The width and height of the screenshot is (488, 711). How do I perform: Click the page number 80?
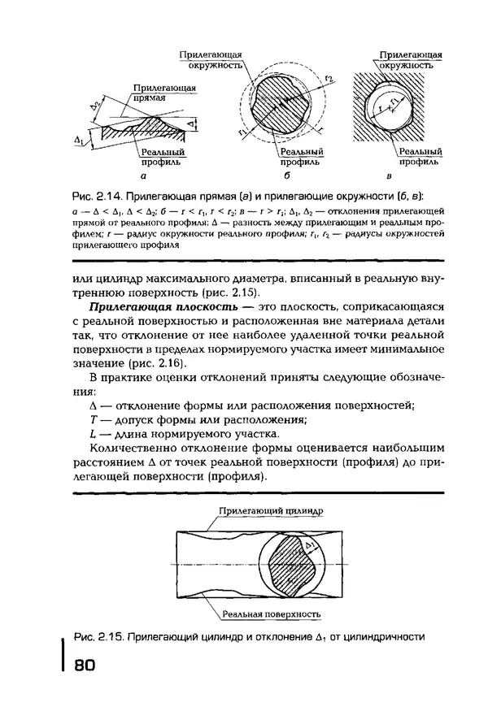pos(85,665)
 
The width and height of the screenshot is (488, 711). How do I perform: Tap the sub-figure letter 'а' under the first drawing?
pos(143,176)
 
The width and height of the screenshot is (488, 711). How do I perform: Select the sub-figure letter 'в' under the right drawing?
pos(390,176)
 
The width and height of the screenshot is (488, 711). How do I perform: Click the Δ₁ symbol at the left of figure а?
pos(79,140)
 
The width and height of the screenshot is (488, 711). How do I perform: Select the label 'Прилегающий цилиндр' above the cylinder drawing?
pos(271,512)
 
